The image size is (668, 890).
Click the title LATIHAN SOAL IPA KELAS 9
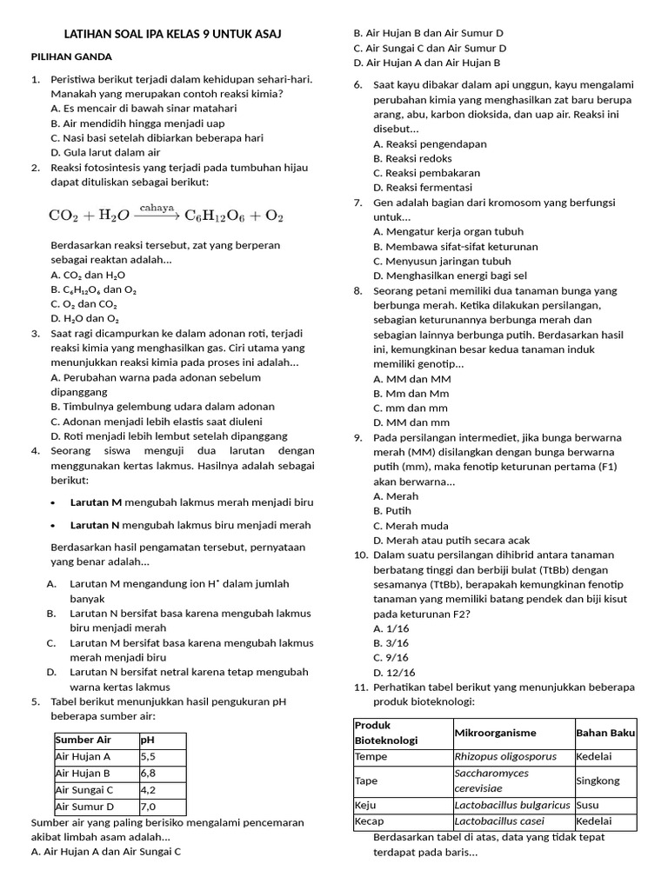(x=173, y=34)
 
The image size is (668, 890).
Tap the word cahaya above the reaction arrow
(x=157, y=208)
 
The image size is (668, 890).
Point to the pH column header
(x=147, y=741)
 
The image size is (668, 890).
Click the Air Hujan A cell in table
(x=83, y=757)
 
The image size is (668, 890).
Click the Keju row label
(x=365, y=805)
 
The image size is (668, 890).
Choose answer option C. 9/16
(x=391, y=658)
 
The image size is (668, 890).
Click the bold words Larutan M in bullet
(x=96, y=503)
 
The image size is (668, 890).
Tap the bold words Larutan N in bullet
(x=96, y=526)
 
